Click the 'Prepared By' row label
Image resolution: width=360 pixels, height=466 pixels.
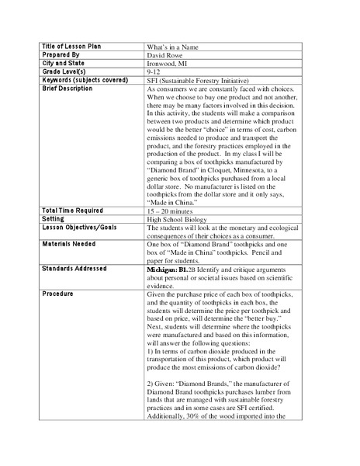tap(61, 56)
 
